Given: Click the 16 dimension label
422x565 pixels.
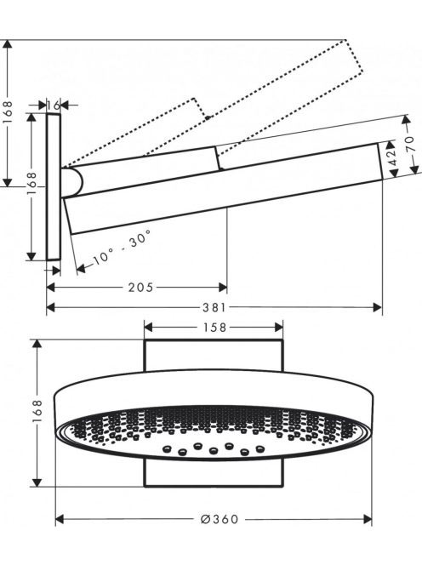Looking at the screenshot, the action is (54, 106).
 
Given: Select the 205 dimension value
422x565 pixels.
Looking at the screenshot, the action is (141, 288).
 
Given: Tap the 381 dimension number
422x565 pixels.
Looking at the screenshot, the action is (214, 307).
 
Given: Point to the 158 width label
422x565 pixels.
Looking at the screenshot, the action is (214, 328).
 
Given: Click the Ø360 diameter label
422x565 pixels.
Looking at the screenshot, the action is (220, 519).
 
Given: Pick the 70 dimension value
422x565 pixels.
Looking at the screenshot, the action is (412, 144).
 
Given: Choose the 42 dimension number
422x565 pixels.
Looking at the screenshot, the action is (393, 157).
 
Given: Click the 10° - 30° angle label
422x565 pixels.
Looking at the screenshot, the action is (122, 248).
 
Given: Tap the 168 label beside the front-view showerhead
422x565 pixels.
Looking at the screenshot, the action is (37, 411).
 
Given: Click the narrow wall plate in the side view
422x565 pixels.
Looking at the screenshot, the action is (54, 186).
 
